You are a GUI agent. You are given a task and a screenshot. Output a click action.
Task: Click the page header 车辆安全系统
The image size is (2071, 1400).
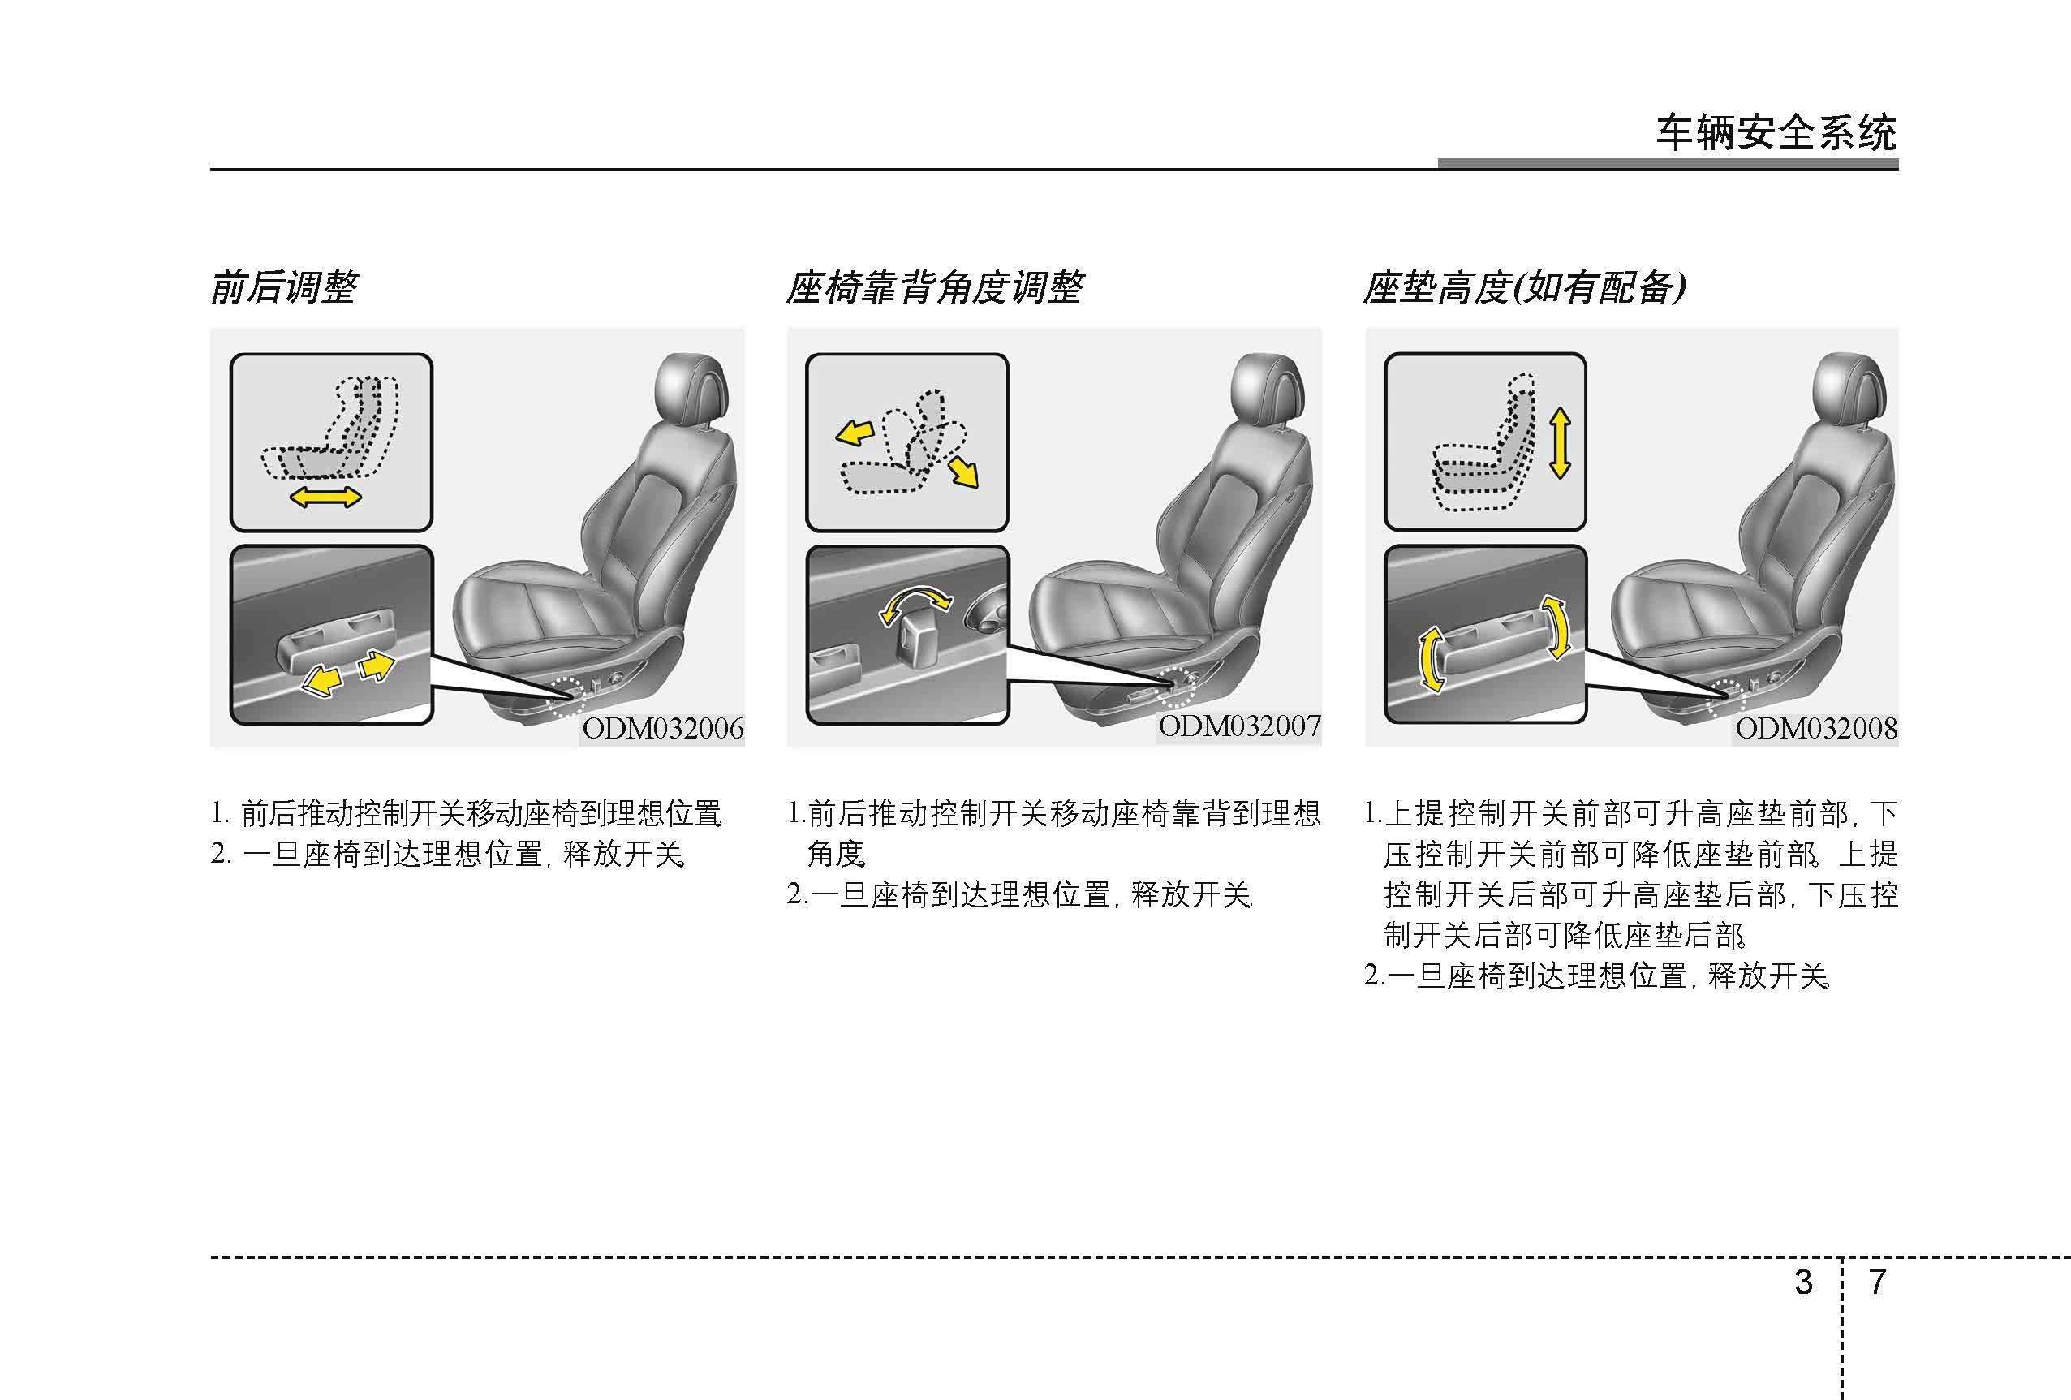(1776, 134)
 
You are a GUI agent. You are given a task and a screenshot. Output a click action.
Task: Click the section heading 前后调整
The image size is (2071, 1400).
(284, 288)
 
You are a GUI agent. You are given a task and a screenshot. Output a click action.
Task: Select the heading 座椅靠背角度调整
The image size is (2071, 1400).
(934, 288)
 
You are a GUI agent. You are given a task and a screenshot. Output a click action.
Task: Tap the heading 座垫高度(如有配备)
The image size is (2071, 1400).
(1524, 288)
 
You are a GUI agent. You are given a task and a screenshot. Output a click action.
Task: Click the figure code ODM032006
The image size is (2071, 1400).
(663, 729)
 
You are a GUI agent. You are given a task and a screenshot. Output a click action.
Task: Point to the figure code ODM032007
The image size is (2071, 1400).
(1239, 726)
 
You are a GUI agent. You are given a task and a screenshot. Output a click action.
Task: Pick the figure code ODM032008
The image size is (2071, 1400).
(1816, 729)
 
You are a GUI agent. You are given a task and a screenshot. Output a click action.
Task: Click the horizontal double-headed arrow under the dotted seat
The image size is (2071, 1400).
(326, 497)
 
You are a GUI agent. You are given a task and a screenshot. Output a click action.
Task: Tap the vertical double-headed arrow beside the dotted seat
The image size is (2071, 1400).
(1560, 443)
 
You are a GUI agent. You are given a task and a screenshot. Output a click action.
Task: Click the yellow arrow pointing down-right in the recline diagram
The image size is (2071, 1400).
(963, 472)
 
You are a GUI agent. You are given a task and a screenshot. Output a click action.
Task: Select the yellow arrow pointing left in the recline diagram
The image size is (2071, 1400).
(855, 434)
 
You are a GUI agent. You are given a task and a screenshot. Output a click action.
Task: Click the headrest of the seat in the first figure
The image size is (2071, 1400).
(690, 390)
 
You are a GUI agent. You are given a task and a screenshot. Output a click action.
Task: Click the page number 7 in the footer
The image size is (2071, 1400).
(1877, 1282)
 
